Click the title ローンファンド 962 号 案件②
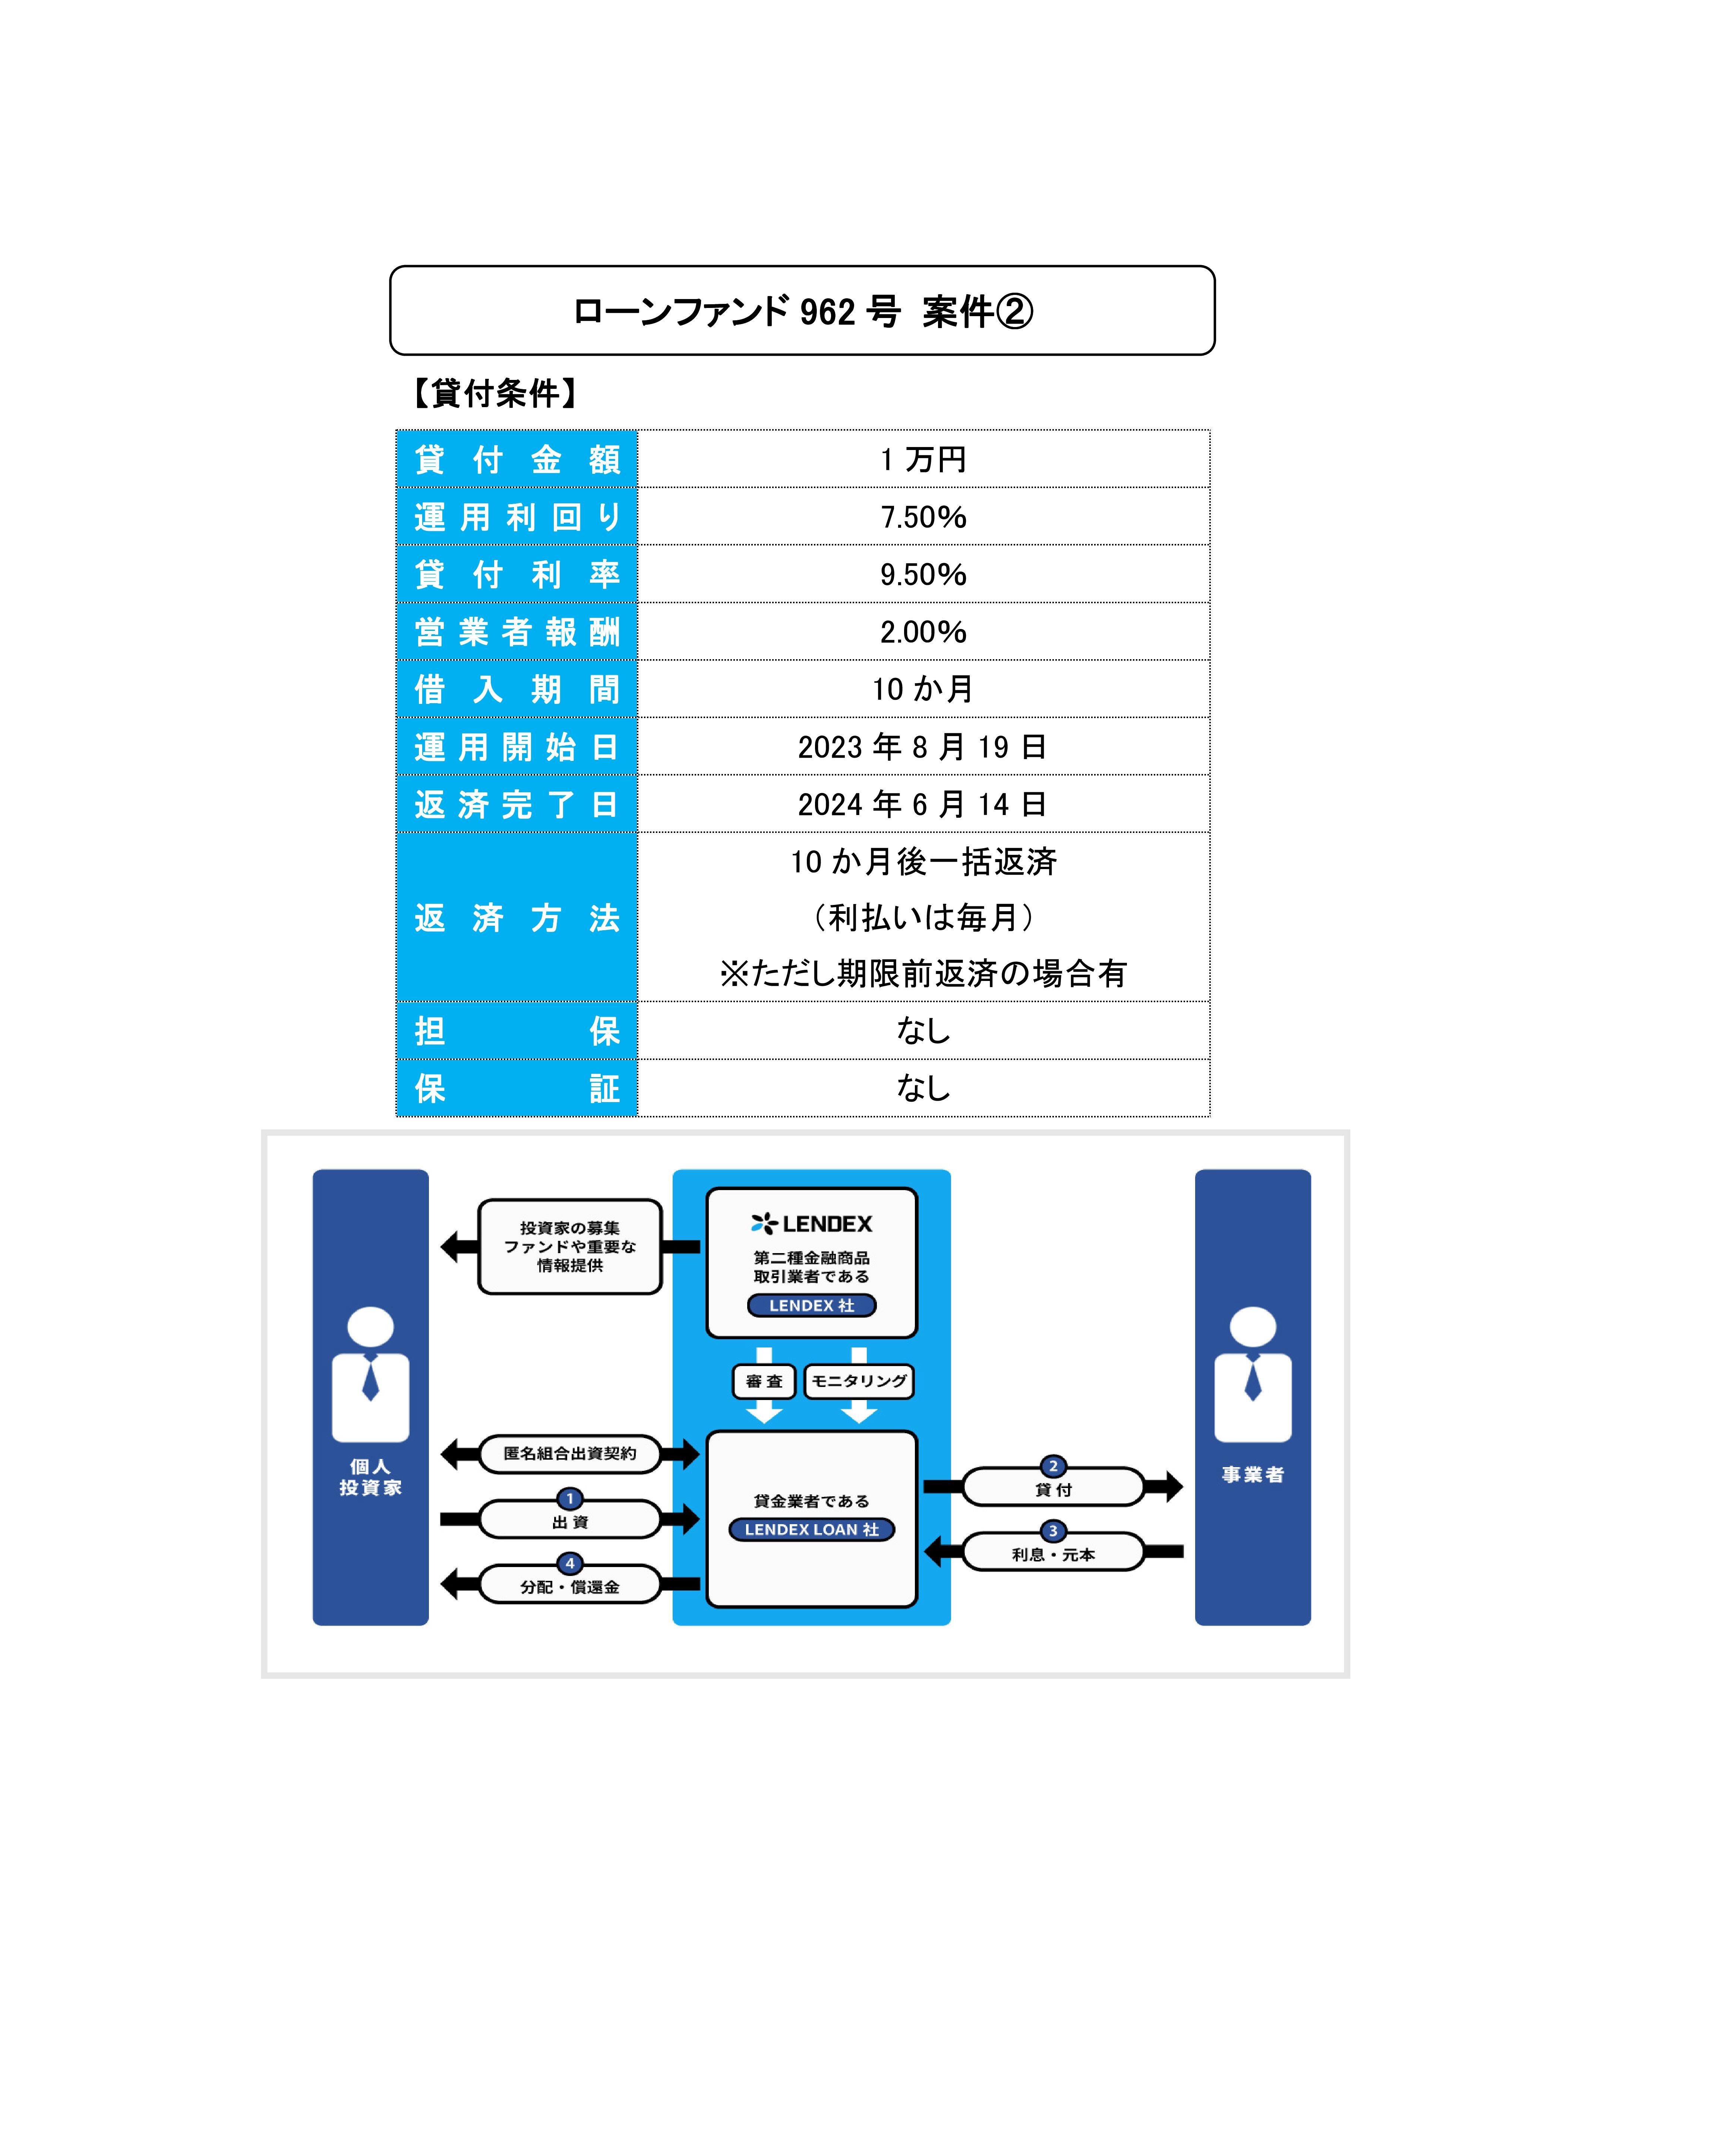pos(802,312)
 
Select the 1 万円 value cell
pos(923,460)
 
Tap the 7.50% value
pos(923,518)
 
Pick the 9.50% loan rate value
pos(923,575)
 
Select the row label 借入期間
pos(517,689)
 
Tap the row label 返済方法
pos(517,917)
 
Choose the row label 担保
pos(517,1031)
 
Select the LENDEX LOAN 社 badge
pos(811,1529)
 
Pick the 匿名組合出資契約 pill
pos(569,1454)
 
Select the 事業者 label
pos(1253,1475)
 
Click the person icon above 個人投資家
pos(370,1374)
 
